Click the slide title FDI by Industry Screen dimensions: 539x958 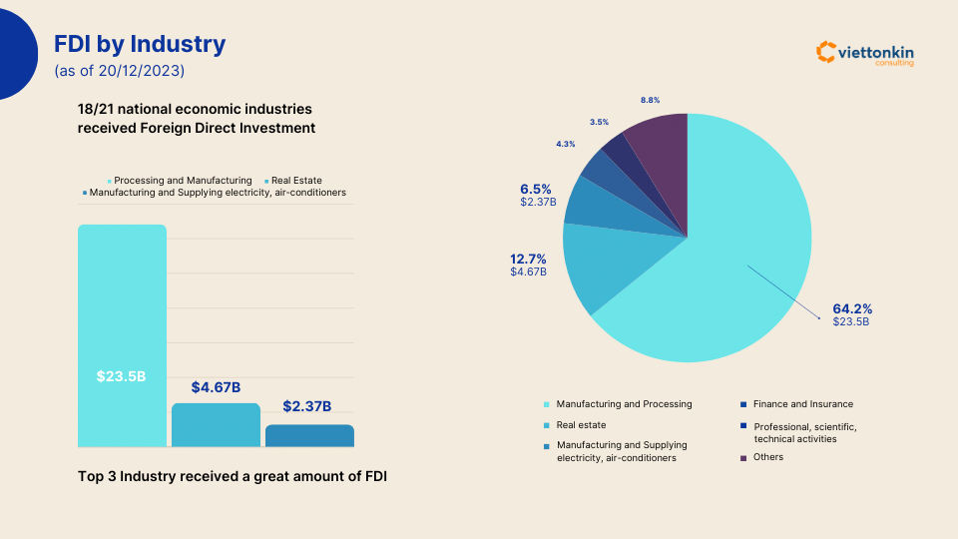(x=140, y=45)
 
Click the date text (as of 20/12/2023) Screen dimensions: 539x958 (x=119, y=71)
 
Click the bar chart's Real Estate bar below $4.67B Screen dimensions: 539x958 (x=216, y=425)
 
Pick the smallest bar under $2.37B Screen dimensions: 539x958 (x=309, y=436)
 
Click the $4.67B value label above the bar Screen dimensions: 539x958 (x=216, y=387)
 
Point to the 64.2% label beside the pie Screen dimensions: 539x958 (x=851, y=309)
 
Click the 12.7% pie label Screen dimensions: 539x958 (x=529, y=260)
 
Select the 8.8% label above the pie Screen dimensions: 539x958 (x=650, y=100)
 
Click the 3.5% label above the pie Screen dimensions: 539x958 (x=599, y=122)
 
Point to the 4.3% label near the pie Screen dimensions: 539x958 (x=565, y=145)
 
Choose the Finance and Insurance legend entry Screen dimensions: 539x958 (x=802, y=404)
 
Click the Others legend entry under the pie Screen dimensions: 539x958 (x=767, y=457)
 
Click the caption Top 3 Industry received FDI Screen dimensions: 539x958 (x=232, y=477)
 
